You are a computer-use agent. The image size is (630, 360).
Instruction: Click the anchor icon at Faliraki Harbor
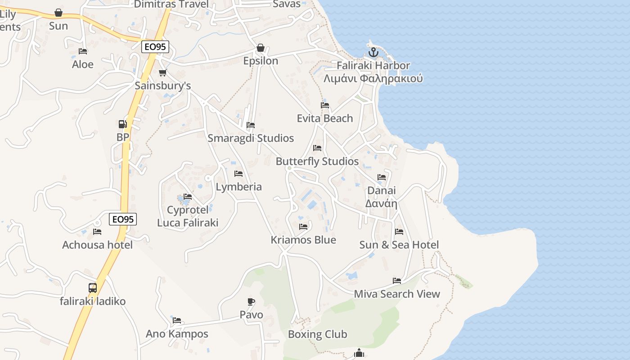[373, 53]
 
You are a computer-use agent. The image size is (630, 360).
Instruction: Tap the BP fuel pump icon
[122, 124]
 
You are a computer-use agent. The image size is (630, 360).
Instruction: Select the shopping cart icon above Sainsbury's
[163, 72]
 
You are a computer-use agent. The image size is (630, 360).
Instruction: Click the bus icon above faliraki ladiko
[92, 288]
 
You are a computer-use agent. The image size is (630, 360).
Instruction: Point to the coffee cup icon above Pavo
[251, 301]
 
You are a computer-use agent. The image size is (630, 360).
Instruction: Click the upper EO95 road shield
[155, 47]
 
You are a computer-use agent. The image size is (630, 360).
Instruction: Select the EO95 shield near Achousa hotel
[123, 219]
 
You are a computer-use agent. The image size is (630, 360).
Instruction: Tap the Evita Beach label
[324, 118]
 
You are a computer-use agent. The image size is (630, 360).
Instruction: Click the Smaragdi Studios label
[251, 138]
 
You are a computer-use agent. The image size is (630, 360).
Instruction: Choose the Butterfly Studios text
[317, 162]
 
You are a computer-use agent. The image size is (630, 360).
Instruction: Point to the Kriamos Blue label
[303, 240]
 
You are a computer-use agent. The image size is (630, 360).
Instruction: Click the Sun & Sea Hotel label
[399, 245]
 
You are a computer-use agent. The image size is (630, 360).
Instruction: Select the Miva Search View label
[396, 294]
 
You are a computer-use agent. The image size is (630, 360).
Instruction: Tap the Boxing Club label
[317, 334]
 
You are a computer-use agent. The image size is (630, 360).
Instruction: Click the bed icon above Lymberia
[238, 174]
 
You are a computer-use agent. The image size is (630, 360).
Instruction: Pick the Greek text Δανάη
[381, 203]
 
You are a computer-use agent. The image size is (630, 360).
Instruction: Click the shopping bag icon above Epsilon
[260, 48]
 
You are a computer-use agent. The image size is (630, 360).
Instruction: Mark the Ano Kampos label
[177, 334]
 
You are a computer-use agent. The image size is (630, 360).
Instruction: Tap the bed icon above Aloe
[83, 51]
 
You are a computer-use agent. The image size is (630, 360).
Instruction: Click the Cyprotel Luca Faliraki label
[188, 216]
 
